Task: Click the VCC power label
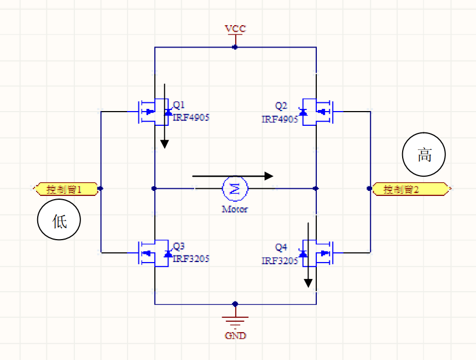pyautogui.click(x=235, y=28)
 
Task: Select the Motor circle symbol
pyautogui.click(x=235, y=189)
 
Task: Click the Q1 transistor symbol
pyautogui.click(x=153, y=111)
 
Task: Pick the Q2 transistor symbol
pyautogui.click(x=317, y=112)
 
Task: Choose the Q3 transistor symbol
pyautogui.click(x=153, y=253)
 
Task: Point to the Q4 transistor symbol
pyautogui.click(x=317, y=253)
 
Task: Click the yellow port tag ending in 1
pyautogui.click(x=66, y=189)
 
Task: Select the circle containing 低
pyautogui.click(x=59, y=222)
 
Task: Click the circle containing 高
pyautogui.click(x=424, y=155)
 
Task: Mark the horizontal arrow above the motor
pyautogui.click(x=233, y=176)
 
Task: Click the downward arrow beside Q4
pyautogui.click(x=308, y=255)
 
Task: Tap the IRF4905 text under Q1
pyautogui.click(x=191, y=117)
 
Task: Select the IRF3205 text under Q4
pyautogui.click(x=280, y=261)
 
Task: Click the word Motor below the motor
pyautogui.click(x=235, y=209)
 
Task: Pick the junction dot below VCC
pyautogui.click(x=235, y=48)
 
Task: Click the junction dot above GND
pyautogui.click(x=235, y=304)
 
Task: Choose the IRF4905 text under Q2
pyautogui.click(x=280, y=119)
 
